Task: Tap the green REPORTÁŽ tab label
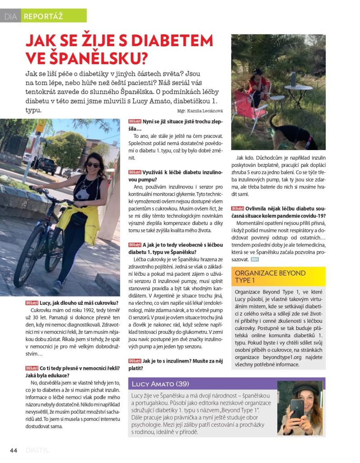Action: pos(43,17)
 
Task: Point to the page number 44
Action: pos(14,450)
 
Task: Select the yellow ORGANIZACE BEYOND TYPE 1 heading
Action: pos(270,277)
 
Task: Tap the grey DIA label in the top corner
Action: pos(10,17)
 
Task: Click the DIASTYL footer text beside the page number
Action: pos(37,450)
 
